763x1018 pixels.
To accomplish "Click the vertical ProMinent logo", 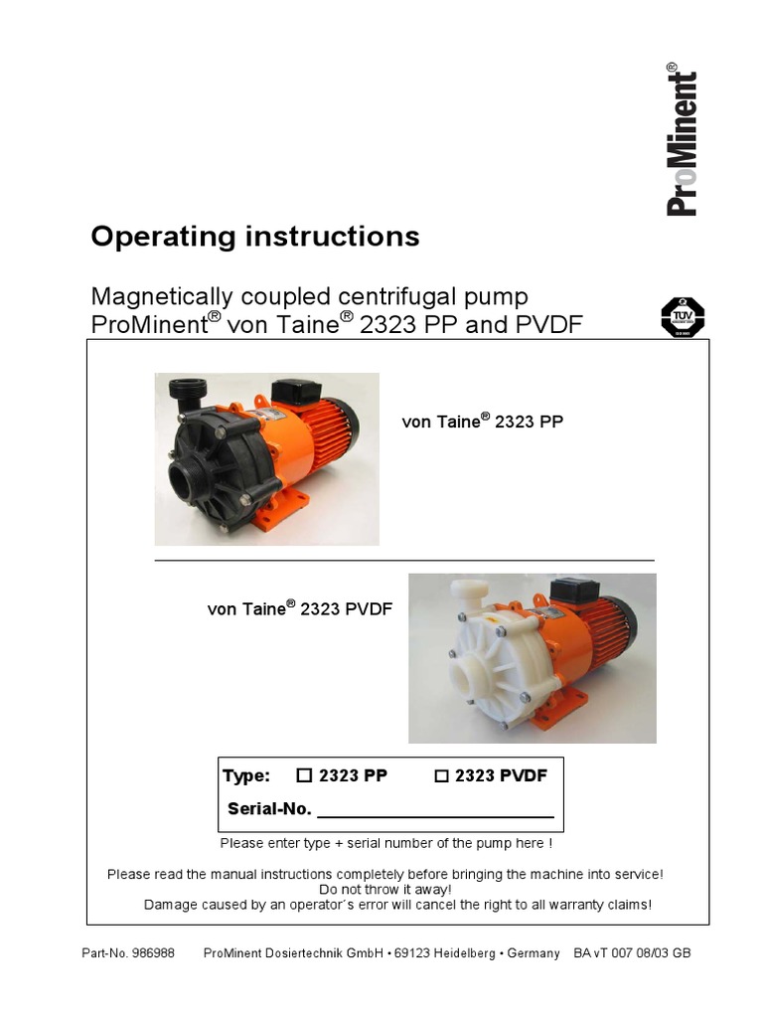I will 682,140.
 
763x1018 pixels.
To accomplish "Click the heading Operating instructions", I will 254,237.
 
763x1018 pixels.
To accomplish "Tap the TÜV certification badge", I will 683,317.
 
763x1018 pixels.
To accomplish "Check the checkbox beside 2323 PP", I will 305,776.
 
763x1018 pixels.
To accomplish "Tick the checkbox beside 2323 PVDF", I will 441,776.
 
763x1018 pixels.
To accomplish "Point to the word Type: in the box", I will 246,776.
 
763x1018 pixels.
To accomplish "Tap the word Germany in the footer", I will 534,952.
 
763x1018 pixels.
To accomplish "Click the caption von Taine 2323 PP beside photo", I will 482,422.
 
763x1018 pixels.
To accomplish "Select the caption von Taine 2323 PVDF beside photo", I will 299,608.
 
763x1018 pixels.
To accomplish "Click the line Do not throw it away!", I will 384,889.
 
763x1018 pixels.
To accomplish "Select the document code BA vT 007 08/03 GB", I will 632,952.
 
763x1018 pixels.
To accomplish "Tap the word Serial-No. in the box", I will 269,808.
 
